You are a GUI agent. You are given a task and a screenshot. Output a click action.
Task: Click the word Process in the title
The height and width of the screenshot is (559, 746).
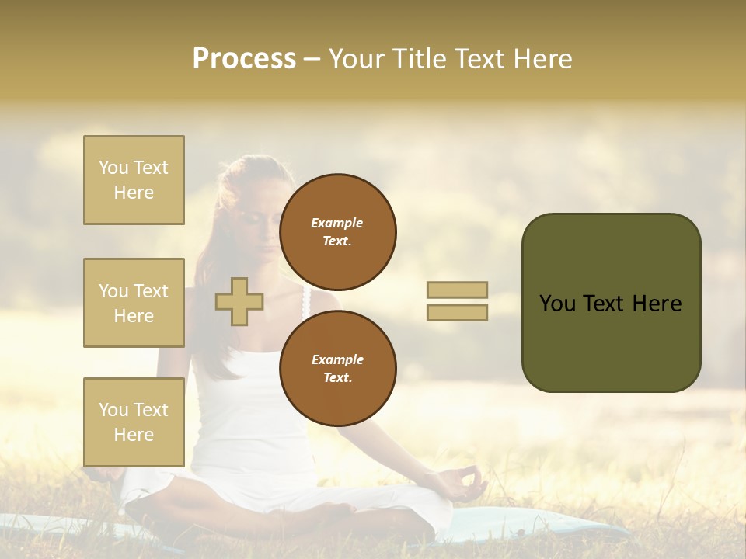244,59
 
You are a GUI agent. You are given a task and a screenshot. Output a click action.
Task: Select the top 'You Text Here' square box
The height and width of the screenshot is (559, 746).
134,180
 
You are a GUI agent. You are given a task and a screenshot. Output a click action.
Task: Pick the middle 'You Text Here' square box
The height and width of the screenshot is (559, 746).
134,303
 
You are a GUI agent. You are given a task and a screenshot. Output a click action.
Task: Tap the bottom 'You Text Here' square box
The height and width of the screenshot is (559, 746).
134,422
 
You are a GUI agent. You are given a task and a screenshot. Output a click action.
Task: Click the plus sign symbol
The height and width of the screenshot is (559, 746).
239,301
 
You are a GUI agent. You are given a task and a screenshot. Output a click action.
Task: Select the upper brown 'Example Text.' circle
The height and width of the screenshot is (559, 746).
337,232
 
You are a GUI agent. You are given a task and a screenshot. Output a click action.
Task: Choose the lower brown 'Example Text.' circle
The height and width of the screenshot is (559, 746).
337,368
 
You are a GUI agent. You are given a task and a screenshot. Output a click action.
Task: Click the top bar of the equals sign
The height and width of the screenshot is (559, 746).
457,290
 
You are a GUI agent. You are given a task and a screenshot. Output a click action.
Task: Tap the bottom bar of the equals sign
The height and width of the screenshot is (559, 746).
457,313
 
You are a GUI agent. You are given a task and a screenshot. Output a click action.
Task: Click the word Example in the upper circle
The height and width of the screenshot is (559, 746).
337,223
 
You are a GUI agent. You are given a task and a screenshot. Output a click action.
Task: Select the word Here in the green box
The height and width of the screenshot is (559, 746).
657,304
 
